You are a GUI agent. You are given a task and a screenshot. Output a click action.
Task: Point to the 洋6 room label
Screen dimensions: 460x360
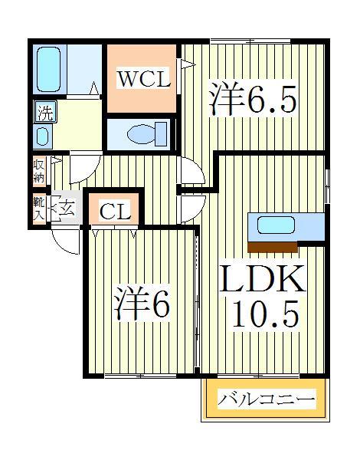(x=143, y=304)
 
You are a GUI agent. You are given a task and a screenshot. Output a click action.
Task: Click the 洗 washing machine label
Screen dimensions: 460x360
(x=45, y=113)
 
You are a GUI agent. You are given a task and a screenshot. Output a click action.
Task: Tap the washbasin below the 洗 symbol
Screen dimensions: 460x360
(x=44, y=137)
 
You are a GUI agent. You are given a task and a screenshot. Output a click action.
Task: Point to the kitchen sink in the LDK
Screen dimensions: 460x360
(x=275, y=226)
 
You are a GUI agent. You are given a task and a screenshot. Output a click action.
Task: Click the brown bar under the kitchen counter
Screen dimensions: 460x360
(x=273, y=246)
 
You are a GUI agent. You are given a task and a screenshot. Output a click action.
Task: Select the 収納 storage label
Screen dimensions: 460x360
(x=38, y=170)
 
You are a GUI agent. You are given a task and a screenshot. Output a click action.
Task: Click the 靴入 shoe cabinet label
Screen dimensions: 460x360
(x=38, y=209)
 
